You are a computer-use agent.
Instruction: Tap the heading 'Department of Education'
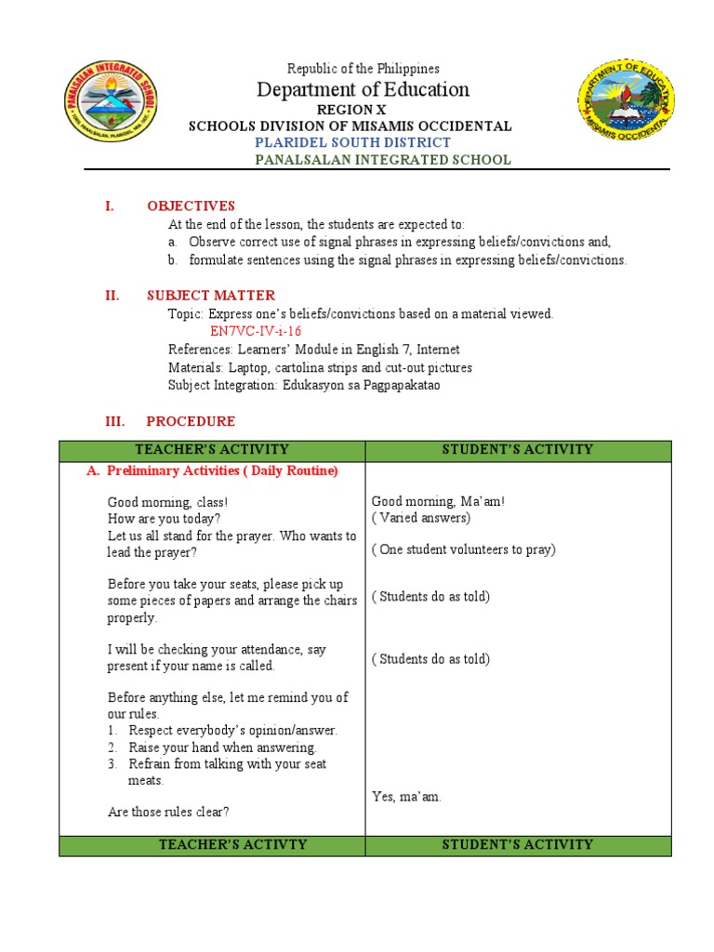pyautogui.click(x=363, y=89)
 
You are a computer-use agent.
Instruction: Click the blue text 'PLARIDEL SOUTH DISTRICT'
pyautogui.click(x=352, y=142)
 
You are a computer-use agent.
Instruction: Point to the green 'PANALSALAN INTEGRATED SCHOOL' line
pyautogui.click(x=382, y=159)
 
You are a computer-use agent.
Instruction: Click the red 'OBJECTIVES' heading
pyautogui.click(x=191, y=205)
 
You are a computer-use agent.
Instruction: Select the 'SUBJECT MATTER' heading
pyautogui.click(x=211, y=296)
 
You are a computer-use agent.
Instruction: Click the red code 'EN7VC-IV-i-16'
pyautogui.click(x=256, y=331)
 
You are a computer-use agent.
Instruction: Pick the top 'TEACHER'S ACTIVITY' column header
pyautogui.click(x=212, y=450)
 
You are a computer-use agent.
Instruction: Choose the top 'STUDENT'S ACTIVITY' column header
pyautogui.click(x=518, y=450)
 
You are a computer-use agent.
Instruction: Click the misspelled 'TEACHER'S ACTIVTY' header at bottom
pyautogui.click(x=213, y=845)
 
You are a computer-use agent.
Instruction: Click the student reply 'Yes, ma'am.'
pyautogui.click(x=406, y=797)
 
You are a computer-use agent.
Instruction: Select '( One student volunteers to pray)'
pyautogui.click(x=463, y=549)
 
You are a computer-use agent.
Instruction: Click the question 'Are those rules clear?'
pyautogui.click(x=168, y=812)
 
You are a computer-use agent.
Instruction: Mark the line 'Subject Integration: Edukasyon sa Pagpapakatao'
pyautogui.click(x=304, y=385)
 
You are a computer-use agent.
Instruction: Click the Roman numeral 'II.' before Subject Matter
pyautogui.click(x=112, y=296)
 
